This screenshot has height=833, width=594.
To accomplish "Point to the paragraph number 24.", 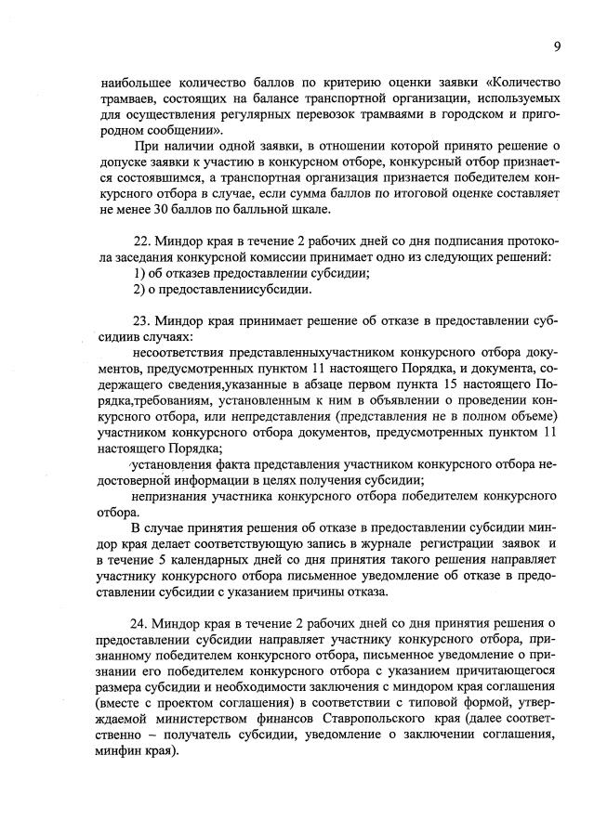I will pos(143,621).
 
